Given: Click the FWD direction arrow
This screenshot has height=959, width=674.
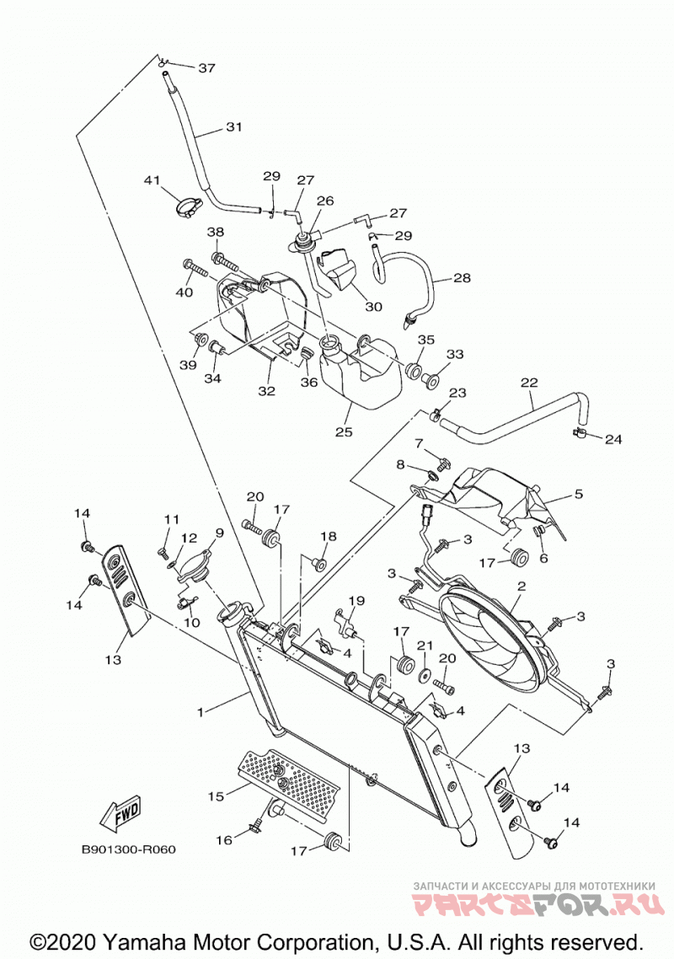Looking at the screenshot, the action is tap(120, 815).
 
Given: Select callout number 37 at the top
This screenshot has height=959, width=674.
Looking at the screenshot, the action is tap(206, 68).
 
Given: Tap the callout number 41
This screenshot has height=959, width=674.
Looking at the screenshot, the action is tap(152, 180).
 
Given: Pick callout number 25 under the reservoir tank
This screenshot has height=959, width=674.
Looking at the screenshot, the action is tap(345, 431).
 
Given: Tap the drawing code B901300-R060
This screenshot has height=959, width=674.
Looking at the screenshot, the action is tap(128, 849).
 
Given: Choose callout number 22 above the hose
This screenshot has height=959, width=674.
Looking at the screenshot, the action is tap(529, 383).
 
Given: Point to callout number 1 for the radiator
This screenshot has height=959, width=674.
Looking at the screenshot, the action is tap(200, 712).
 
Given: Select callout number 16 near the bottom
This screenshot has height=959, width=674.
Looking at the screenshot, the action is tap(224, 839).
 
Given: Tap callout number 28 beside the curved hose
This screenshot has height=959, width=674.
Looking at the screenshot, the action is tap(462, 277).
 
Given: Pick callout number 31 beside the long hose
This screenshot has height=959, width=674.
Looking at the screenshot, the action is tap(233, 127).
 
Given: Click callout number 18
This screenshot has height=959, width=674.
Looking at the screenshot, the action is tap(329, 536).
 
